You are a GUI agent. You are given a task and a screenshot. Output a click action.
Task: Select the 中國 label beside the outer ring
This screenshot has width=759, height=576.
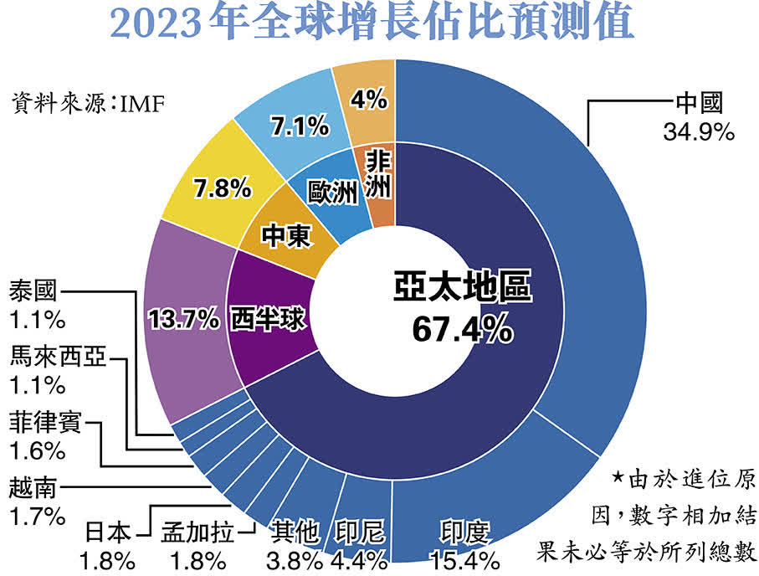click(x=698, y=104)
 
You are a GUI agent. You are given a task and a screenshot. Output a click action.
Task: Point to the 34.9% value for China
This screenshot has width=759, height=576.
click(x=698, y=131)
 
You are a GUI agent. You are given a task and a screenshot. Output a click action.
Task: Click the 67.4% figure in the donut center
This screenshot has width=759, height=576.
click(x=462, y=328)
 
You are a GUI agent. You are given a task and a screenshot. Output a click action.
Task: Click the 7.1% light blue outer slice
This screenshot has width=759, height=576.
click(x=298, y=126)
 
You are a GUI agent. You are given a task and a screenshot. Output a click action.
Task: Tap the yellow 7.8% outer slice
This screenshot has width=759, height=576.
click(x=222, y=188)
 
